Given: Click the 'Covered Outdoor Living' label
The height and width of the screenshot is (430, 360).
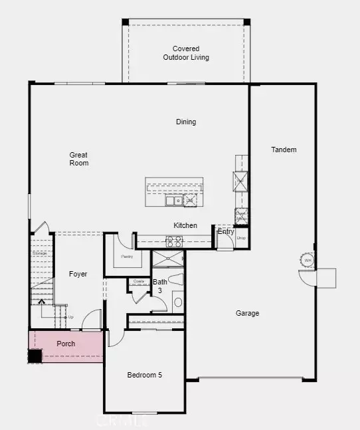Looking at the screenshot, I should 186,53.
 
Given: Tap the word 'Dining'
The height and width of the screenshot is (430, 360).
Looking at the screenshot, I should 186,122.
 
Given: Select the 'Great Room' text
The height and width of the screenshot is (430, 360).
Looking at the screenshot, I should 79,159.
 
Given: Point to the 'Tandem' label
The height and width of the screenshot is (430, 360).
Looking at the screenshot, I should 284,150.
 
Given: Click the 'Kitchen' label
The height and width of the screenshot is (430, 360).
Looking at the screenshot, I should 185,225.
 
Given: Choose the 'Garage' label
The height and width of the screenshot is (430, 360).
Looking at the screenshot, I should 247,313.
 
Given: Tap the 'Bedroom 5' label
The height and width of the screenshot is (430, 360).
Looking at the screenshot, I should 145,375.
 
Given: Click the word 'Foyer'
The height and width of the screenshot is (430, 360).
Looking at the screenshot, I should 78,274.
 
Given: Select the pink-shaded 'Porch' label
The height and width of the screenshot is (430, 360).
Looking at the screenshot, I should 66,344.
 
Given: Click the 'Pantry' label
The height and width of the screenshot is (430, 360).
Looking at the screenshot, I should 128,257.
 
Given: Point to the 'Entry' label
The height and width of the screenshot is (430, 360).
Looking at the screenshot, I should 226,231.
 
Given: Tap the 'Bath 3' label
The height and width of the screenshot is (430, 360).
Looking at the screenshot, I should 160,286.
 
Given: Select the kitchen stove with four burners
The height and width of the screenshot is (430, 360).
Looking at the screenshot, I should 174,242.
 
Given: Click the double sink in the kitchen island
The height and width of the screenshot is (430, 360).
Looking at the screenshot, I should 174,200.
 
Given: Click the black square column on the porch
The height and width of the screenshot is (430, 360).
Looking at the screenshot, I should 35,356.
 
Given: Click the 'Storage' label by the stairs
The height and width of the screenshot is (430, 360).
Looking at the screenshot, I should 39,253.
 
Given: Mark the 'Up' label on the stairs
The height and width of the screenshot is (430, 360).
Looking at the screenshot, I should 71,316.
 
